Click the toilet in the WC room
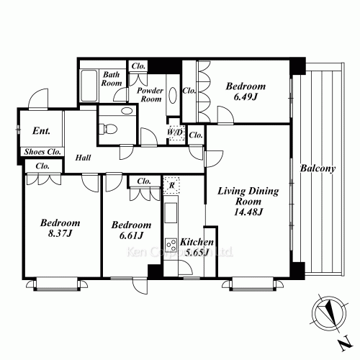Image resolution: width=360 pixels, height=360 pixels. coord(108,129)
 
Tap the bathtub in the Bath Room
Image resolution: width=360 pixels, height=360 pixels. coord(89,86)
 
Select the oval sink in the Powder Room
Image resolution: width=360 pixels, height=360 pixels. coord(173,95)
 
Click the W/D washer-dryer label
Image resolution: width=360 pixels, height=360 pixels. coord(175,132)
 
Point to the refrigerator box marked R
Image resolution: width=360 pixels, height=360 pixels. coord(171,185)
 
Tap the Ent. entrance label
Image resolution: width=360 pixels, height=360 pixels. coord(41,131)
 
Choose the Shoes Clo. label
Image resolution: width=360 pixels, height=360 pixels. coord(42,152)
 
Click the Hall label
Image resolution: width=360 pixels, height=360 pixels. coord(83,158)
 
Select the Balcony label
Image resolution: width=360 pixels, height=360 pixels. coord(318,168)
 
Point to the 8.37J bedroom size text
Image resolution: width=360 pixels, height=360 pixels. coord(60,233)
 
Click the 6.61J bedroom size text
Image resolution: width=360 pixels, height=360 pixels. coord(131,235)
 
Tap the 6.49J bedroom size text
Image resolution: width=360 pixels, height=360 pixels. coord(246,96)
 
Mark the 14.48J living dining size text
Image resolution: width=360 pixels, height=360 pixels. coord(248,212)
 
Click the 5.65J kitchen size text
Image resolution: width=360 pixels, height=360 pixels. coord(196,253)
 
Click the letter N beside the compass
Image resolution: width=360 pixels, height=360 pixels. coord(346,346)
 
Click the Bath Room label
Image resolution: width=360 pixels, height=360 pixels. coord(112,78)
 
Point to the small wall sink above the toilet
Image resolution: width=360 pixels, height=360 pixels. coord(127,111)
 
